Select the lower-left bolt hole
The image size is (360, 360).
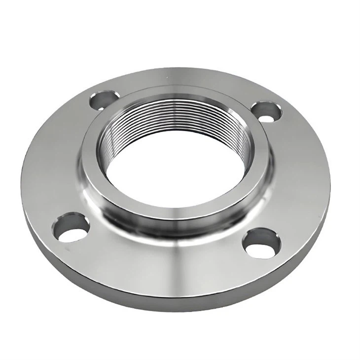[72, 227]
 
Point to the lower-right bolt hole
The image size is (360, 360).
[262, 242]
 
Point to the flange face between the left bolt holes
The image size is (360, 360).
[54, 158]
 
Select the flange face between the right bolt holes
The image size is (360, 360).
[301, 173]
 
